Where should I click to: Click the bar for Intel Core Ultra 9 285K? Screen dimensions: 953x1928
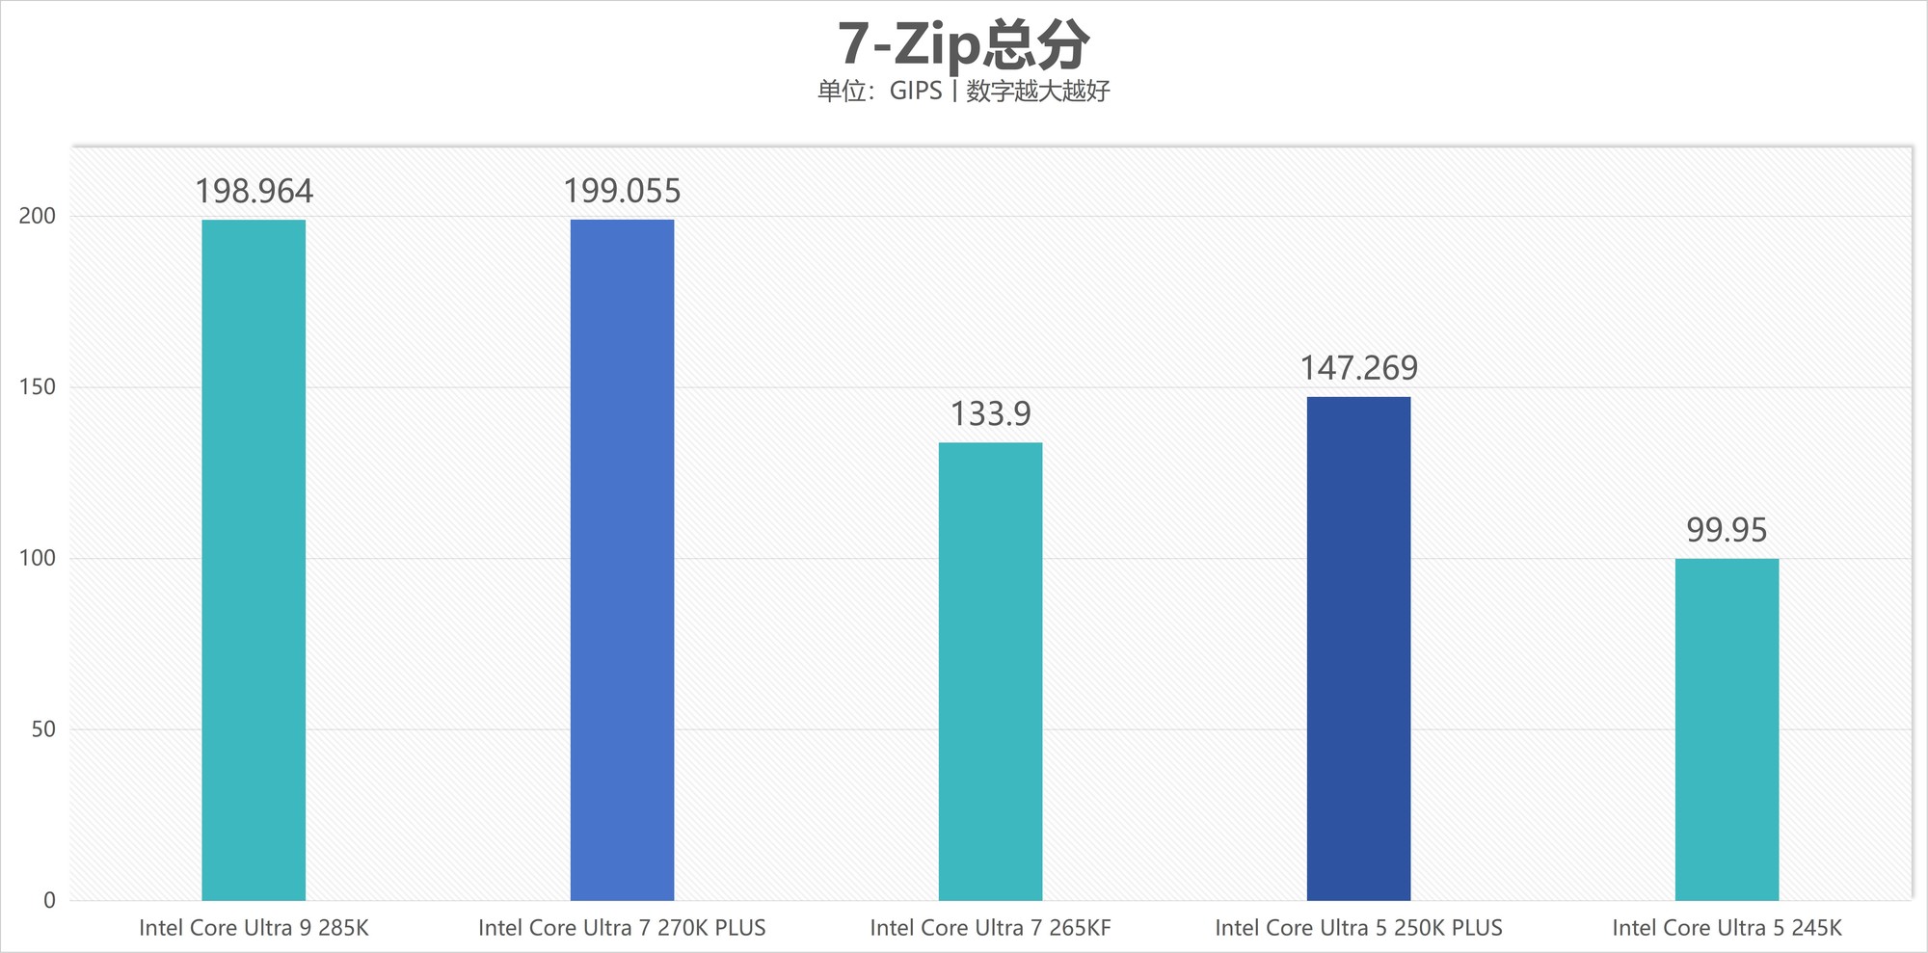click(x=254, y=559)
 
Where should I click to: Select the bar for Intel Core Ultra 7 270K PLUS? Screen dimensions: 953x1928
click(x=622, y=559)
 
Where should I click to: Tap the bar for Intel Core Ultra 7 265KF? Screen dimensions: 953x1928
click(x=990, y=672)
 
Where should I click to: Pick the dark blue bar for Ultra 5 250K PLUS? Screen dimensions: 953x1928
click(x=1358, y=649)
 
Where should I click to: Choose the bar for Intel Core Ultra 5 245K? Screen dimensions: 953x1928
click(x=1727, y=729)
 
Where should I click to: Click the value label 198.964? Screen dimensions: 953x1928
click(x=254, y=192)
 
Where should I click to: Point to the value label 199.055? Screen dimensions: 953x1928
click(x=622, y=192)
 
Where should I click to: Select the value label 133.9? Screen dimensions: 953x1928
click(x=990, y=414)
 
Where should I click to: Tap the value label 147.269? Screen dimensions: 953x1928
click(x=1358, y=368)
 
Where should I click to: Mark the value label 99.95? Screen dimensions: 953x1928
click(x=1727, y=530)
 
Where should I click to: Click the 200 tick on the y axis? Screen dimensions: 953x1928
click(x=38, y=216)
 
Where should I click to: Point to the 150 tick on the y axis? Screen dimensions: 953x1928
click(x=38, y=387)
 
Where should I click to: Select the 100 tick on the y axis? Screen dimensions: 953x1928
click(x=38, y=558)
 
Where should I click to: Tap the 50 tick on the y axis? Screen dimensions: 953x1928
click(x=43, y=729)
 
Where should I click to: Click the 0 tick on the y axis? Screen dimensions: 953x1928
click(x=49, y=900)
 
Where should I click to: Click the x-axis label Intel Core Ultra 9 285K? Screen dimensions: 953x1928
click(x=254, y=928)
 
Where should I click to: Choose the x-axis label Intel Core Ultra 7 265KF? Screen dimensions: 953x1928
click(x=990, y=928)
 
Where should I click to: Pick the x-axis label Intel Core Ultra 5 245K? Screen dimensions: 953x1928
click(x=1727, y=928)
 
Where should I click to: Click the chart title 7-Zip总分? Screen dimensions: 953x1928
click(x=963, y=44)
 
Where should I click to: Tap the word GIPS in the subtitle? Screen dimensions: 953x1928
click(x=915, y=91)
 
